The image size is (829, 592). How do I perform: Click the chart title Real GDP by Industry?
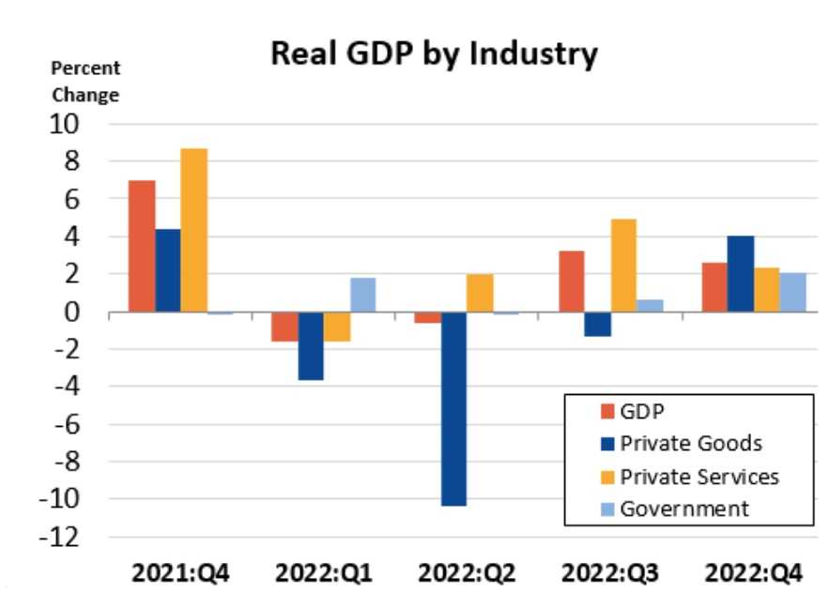[x=434, y=54]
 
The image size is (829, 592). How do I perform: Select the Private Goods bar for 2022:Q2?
[x=453, y=408]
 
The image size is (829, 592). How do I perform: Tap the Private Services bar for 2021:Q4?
[x=194, y=230]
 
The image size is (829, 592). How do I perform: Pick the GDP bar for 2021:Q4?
[x=142, y=246]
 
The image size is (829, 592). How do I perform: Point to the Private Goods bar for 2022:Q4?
[x=740, y=274]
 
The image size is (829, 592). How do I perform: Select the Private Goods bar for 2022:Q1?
[x=312, y=345]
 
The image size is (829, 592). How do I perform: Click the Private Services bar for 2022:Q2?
[x=480, y=293]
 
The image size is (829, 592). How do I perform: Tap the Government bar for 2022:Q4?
[x=792, y=293]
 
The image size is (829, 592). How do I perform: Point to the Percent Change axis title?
[x=84, y=82]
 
